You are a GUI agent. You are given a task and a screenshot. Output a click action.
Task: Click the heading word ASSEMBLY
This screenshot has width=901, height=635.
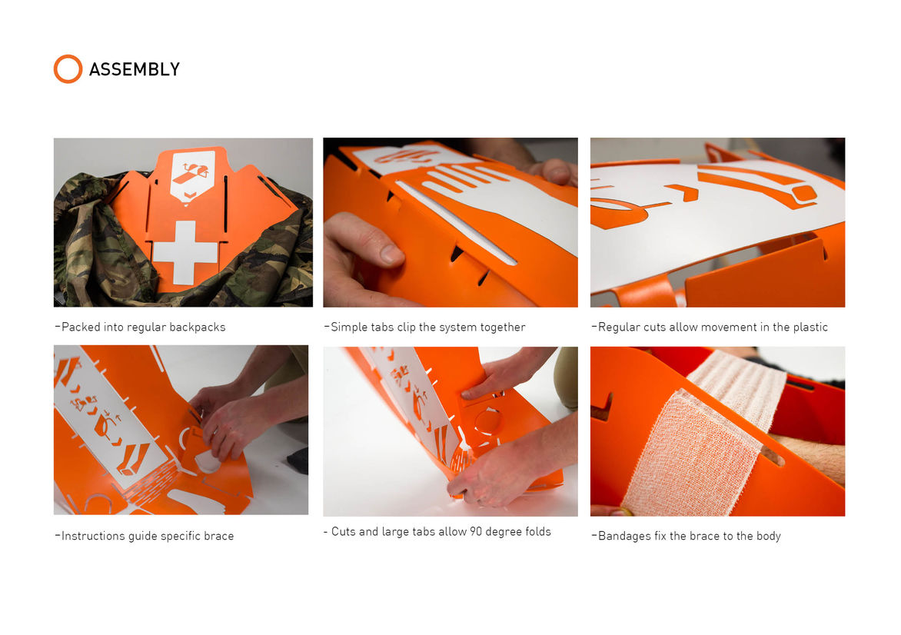pos(135,69)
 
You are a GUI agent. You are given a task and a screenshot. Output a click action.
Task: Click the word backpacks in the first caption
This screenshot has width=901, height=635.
pos(198,327)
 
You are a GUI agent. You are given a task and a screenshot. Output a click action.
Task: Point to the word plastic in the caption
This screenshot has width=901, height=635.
pos(810,327)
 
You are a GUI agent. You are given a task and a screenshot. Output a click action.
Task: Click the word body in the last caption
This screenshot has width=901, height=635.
pos(769,536)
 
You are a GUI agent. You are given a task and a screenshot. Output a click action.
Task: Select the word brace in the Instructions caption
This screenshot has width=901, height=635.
pos(219,536)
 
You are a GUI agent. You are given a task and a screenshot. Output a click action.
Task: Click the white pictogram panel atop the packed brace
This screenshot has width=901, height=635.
pos(193,175)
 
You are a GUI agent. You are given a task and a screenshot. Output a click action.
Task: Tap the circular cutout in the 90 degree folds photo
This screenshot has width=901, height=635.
pos(487,421)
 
